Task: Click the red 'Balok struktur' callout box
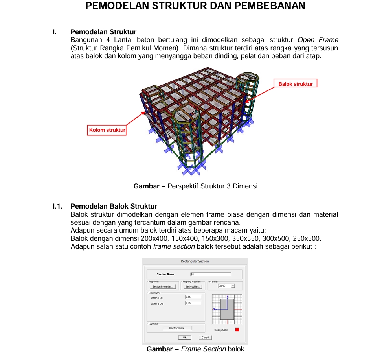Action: tap(295, 84)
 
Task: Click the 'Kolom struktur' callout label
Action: tap(107, 130)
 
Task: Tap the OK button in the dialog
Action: tap(184, 337)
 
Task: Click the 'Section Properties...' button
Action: tap(162, 286)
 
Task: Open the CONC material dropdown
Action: tap(233, 286)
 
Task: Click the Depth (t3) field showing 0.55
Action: tap(193, 297)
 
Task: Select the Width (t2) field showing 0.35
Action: tap(193, 303)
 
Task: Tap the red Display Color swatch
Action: tap(237, 330)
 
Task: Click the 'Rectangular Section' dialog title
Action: tap(195, 261)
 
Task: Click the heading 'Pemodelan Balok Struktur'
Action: tap(114, 206)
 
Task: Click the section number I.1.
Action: tap(58, 206)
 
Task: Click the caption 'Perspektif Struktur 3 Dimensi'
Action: tap(212, 186)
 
